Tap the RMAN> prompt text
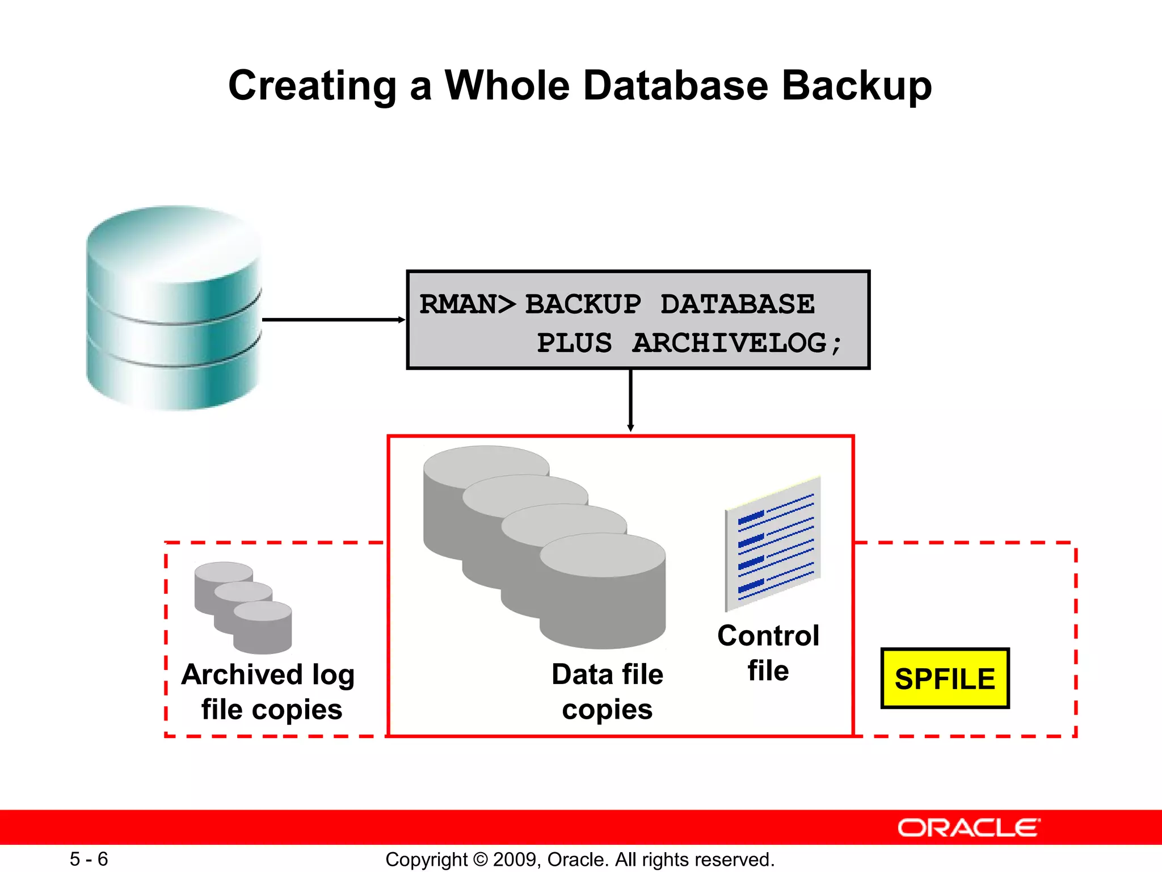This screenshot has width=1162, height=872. [467, 304]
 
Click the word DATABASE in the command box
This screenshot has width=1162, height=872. [737, 304]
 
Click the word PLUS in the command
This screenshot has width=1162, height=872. [574, 343]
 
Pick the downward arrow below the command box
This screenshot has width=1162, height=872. [630, 401]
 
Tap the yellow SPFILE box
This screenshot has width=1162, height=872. [945, 678]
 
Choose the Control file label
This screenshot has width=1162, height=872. [768, 653]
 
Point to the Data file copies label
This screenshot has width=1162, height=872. [607, 691]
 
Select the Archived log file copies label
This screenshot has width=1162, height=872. [269, 691]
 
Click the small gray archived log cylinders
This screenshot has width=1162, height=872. [243, 607]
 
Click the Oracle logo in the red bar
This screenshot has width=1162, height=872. [968, 828]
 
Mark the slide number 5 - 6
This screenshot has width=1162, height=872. [89, 859]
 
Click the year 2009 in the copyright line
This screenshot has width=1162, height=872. [515, 860]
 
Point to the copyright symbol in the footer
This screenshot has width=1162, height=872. [480, 860]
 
